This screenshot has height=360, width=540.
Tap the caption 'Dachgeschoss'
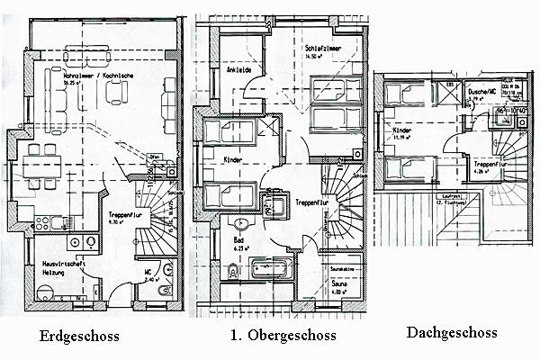point(452,332)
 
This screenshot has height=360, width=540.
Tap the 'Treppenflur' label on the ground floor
point(122,216)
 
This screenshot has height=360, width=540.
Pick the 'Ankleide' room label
point(238,69)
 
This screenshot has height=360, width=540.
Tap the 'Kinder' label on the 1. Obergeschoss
point(233,159)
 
